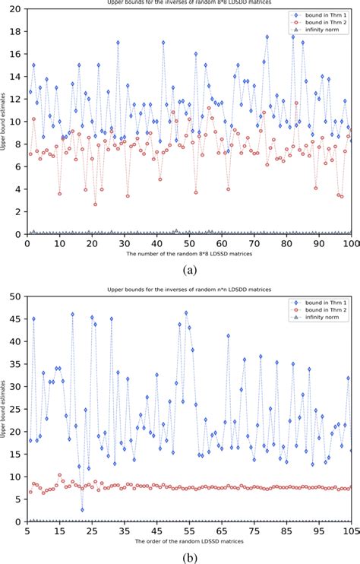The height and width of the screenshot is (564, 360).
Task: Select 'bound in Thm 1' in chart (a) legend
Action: point(324,15)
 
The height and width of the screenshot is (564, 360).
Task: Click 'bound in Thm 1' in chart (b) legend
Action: point(324,299)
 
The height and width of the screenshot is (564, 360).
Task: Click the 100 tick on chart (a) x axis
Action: point(351,243)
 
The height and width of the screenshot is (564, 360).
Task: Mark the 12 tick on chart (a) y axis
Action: point(17,99)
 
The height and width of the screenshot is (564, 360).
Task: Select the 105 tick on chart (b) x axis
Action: point(350,531)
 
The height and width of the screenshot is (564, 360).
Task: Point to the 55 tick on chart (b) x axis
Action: point(188,531)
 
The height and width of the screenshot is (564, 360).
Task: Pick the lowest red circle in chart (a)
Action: point(96,204)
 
